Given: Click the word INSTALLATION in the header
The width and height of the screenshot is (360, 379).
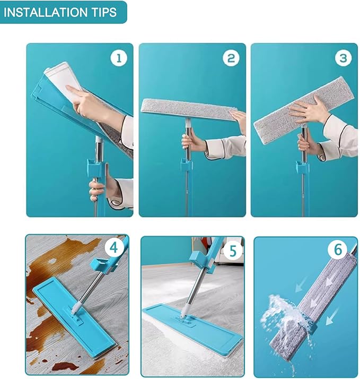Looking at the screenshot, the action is [46, 12].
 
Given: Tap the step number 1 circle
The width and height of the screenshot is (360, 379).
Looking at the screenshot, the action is [119, 58].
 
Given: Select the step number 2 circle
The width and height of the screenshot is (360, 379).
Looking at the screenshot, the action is [231, 58].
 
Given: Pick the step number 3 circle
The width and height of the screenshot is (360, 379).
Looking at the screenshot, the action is [343, 58].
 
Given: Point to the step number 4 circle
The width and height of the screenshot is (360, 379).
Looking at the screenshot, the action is [113, 247].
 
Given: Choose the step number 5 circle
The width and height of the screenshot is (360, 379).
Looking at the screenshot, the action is [233, 251].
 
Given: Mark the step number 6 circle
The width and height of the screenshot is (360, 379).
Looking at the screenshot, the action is [338, 249].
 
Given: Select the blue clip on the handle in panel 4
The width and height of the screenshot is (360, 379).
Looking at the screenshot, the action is [102, 265].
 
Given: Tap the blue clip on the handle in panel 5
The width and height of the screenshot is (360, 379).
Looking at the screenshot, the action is [202, 260].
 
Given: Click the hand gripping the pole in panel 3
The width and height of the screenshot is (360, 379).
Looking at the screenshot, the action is [306, 143].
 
